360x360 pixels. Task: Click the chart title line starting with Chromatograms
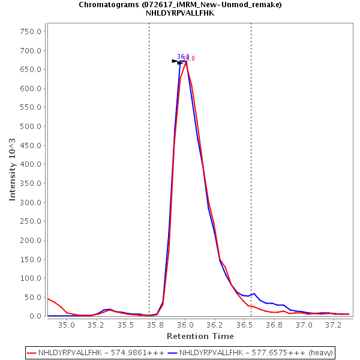click(180, 5)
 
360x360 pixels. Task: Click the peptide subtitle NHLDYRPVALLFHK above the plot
click(180, 13)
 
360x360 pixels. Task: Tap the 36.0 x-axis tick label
click(185, 325)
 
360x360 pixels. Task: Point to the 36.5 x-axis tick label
click(245, 325)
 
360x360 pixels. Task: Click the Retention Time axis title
click(197, 336)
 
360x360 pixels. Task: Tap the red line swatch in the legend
click(32, 352)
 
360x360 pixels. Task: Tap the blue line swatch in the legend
click(173, 352)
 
